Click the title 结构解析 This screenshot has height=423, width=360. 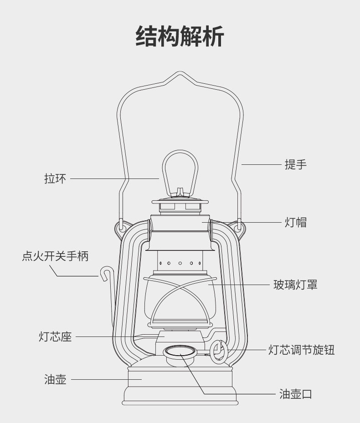pyautogui.click(x=180, y=36)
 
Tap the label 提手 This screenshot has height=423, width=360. pyautogui.click(x=296, y=164)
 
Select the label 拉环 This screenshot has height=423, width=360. pyautogui.click(x=55, y=178)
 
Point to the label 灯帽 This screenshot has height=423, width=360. pyautogui.click(x=296, y=222)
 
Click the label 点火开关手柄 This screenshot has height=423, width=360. pyautogui.click(x=55, y=256)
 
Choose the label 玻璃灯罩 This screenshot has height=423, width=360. pyautogui.click(x=295, y=285)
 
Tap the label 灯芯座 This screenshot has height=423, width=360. pyautogui.click(x=55, y=337)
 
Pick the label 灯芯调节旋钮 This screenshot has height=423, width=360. pyautogui.click(x=301, y=350)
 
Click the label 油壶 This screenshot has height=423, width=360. pyautogui.click(x=55, y=379)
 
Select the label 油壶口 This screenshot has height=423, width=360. pyautogui.click(x=296, y=394)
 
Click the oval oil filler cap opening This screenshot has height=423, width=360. pyautogui.click(x=180, y=351)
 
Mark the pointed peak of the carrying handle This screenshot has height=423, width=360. pyautogui.click(x=180, y=73)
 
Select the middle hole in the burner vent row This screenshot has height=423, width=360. pyautogui.click(x=180, y=263)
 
